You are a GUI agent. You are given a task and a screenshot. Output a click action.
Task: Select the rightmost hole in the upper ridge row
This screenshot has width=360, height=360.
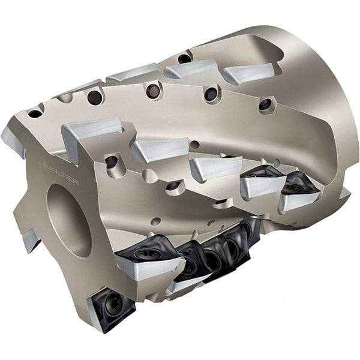(265, 104)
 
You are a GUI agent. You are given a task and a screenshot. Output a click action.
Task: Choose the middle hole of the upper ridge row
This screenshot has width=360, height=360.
(154, 91)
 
